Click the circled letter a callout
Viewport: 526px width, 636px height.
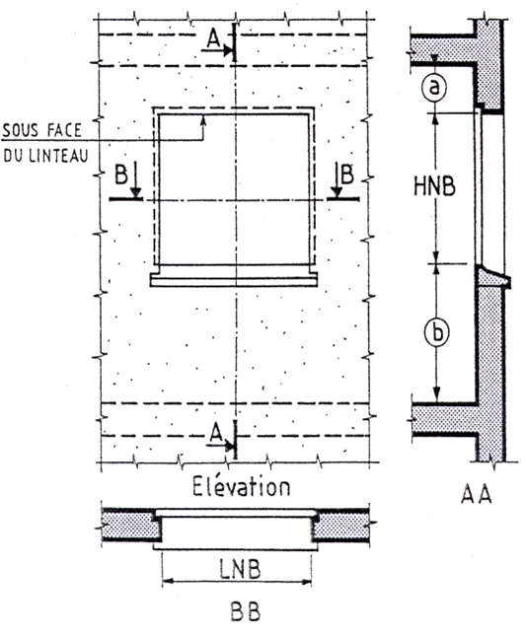(434, 87)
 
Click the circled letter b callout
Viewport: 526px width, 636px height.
(437, 332)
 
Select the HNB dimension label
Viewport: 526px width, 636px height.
(434, 187)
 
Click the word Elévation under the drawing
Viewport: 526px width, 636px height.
(241, 486)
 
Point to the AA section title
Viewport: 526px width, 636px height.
(476, 494)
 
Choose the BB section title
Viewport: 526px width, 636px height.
(246, 611)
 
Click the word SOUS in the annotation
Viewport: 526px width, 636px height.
(21, 130)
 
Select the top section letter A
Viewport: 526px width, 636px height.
(213, 39)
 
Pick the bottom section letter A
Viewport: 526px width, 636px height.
(217, 432)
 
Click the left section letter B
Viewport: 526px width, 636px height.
(121, 175)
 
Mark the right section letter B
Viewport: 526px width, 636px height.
(347, 174)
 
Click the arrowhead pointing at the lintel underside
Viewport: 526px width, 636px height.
(203, 119)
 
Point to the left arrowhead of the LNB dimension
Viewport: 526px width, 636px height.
(167, 581)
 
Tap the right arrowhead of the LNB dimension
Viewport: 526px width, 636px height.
(307, 581)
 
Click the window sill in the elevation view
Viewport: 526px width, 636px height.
(234, 280)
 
